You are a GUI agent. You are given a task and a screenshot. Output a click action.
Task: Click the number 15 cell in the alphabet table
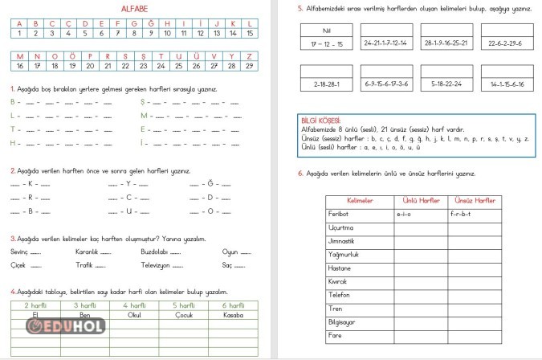251,34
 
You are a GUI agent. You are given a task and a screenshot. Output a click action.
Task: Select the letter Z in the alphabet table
251,56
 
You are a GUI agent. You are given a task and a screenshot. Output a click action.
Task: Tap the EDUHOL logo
63,326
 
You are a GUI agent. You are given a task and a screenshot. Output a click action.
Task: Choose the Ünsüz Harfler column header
474,200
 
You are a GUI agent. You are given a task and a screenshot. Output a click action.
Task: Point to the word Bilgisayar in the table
343,321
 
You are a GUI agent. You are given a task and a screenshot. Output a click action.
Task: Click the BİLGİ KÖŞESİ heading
318,120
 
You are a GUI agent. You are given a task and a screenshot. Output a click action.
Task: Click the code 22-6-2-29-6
505,43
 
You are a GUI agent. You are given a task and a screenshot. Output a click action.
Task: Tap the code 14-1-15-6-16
505,84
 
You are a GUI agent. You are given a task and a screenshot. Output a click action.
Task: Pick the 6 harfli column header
232,305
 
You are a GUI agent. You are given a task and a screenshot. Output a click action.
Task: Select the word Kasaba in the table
232,314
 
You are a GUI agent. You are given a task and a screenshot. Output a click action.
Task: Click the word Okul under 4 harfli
134,314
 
